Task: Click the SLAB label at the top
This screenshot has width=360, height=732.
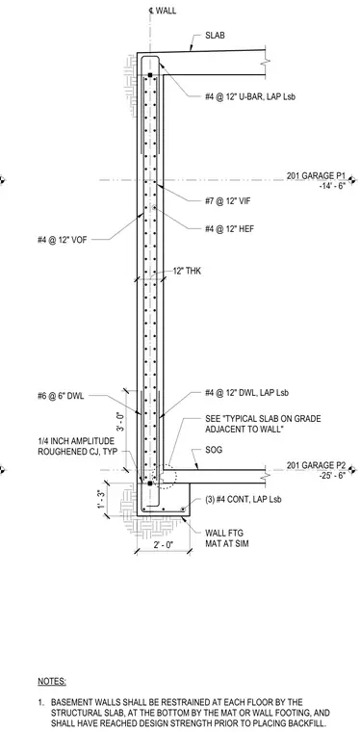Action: (x=215, y=36)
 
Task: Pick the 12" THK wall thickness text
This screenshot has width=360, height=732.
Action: (x=188, y=271)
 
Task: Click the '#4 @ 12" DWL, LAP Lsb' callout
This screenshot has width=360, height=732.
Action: (x=246, y=393)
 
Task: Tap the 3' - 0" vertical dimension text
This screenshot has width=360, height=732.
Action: (x=119, y=428)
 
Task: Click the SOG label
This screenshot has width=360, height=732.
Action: (x=213, y=451)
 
